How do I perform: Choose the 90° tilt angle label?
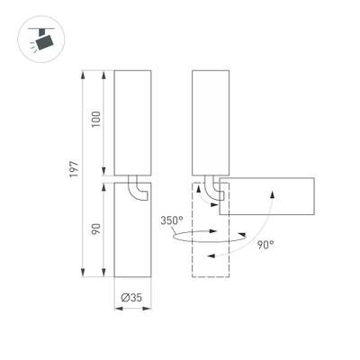click(265, 244)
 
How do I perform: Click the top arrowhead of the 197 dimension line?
click(83, 69)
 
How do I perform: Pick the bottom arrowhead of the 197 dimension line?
click(83, 275)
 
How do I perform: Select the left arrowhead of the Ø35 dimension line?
click(116, 308)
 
